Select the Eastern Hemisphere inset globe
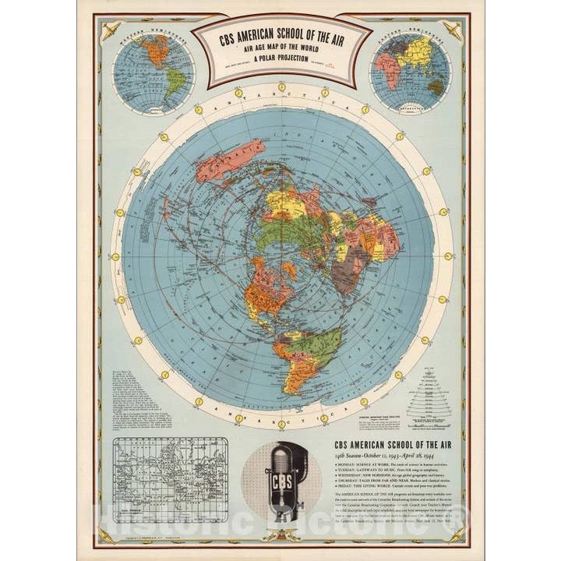[408, 72]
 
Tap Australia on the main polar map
[229, 162]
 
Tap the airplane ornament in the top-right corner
[451, 30]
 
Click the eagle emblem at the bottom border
[281, 535]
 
